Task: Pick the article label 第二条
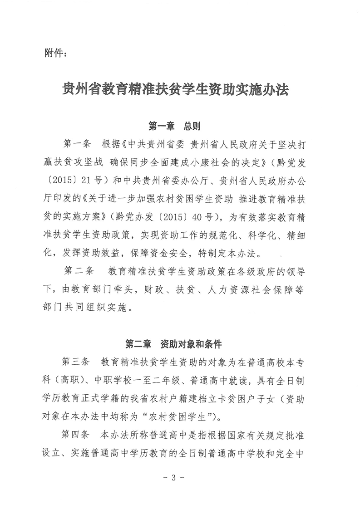point(79,271)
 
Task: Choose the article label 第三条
point(75,363)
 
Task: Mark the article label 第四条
point(75,436)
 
